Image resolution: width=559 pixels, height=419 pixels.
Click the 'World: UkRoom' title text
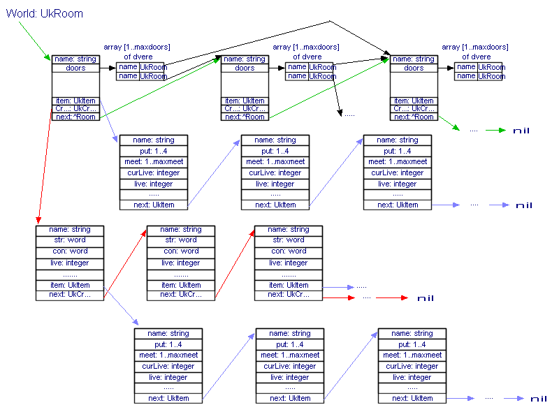coord(45,13)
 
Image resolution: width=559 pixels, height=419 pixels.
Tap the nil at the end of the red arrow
coord(425,298)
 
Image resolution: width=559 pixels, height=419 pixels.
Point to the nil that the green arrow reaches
coord(521,131)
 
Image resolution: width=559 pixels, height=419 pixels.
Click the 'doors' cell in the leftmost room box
coord(75,68)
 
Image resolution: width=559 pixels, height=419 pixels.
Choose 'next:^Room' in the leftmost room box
coord(75,117)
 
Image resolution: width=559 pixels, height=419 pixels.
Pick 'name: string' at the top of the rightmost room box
coord(414,59)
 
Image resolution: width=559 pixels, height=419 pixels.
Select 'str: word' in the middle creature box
coord(180,240)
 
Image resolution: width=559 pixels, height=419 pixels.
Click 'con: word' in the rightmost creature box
coord(289,251)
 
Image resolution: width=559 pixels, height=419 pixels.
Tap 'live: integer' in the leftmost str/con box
coord(69,263)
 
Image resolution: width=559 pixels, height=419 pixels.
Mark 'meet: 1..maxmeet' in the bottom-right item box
coord(412,355)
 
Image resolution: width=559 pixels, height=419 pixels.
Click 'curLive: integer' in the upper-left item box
coord(154,172)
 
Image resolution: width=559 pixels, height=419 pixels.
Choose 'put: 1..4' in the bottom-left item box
coord(168,344)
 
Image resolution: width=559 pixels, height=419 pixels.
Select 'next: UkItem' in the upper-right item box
coord(397,205)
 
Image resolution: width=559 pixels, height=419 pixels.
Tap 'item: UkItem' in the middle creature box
coord(180,285)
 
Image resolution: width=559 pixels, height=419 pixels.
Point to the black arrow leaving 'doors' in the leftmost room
coord(108,68)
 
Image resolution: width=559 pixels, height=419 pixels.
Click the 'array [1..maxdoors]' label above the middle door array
coord(306,47)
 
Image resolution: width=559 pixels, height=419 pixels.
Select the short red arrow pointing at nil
coord(391,297)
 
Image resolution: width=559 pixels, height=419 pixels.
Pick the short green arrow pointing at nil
coord(495,131)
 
